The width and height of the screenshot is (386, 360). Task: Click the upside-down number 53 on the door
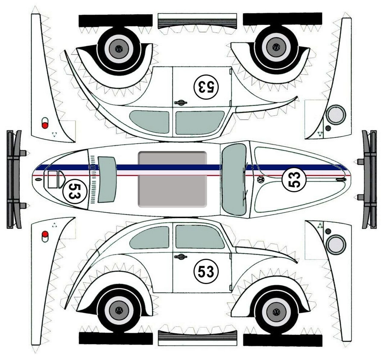point(206,87)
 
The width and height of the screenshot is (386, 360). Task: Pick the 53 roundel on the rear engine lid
point(74,191)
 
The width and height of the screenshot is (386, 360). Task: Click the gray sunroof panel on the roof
point(172,179)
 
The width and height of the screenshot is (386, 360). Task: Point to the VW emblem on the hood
point(261,179)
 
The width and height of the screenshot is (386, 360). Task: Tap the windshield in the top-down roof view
point(234,179)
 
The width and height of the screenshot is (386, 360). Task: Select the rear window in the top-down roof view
point(107,180)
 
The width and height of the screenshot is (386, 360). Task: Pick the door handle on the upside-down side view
point(181,103)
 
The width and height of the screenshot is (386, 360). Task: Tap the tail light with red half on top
point(45,236)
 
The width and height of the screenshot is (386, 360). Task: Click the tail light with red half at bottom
point(45,123)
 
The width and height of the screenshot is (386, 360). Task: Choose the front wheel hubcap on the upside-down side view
point(276,47)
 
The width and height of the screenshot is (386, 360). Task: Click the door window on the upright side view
point(200,237)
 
